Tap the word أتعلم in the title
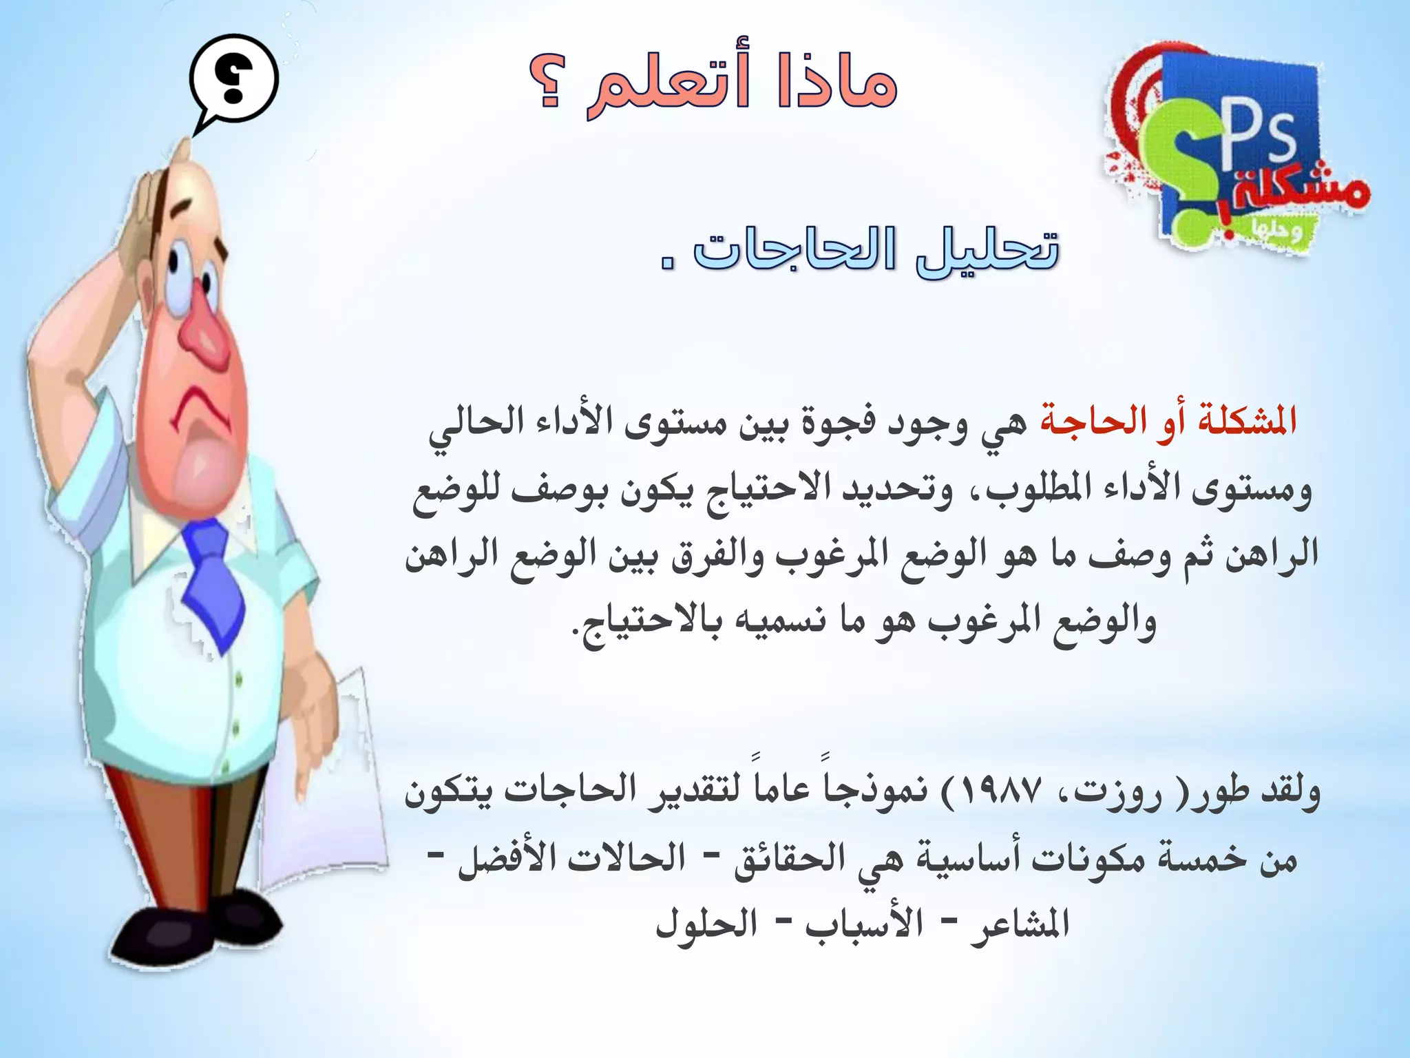click(x=668, y=85)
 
